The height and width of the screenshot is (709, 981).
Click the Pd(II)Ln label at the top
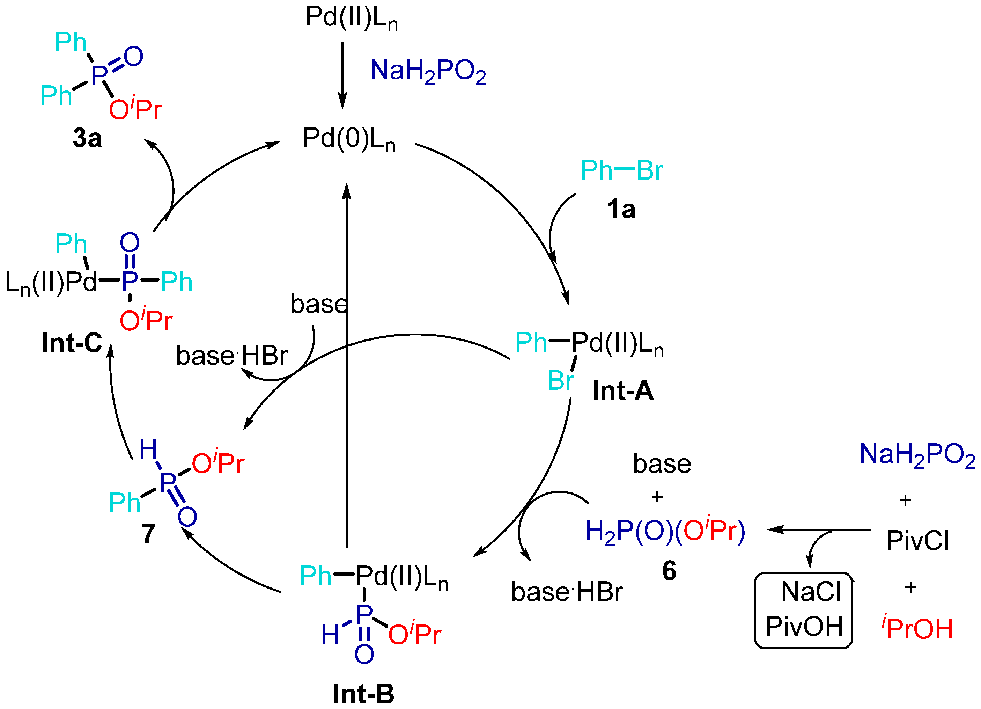point(351,18)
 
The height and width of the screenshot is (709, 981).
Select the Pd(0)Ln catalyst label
point(349,139)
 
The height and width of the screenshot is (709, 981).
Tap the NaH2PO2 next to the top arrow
point(428,71)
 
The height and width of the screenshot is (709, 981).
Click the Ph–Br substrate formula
point(621,170)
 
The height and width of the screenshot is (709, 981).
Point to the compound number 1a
point(621,210)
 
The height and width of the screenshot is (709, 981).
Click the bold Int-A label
point(622,390)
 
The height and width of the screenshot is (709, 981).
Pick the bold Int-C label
point(72,343)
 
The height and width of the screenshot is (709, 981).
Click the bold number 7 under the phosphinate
point(148,534)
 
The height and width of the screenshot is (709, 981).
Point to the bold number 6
point(669,571)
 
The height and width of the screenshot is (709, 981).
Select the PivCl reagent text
point(917,541)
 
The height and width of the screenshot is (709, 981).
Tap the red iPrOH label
point(917,628)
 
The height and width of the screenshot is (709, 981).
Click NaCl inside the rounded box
point(811,592)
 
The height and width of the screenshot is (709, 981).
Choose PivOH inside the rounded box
point(804,626)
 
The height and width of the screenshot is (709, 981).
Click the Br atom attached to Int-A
point(561,381)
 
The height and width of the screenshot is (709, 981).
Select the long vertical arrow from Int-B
point(346,368)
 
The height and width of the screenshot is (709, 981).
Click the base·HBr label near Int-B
point(567,592)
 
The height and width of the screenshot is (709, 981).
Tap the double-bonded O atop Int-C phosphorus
point(130,242)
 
